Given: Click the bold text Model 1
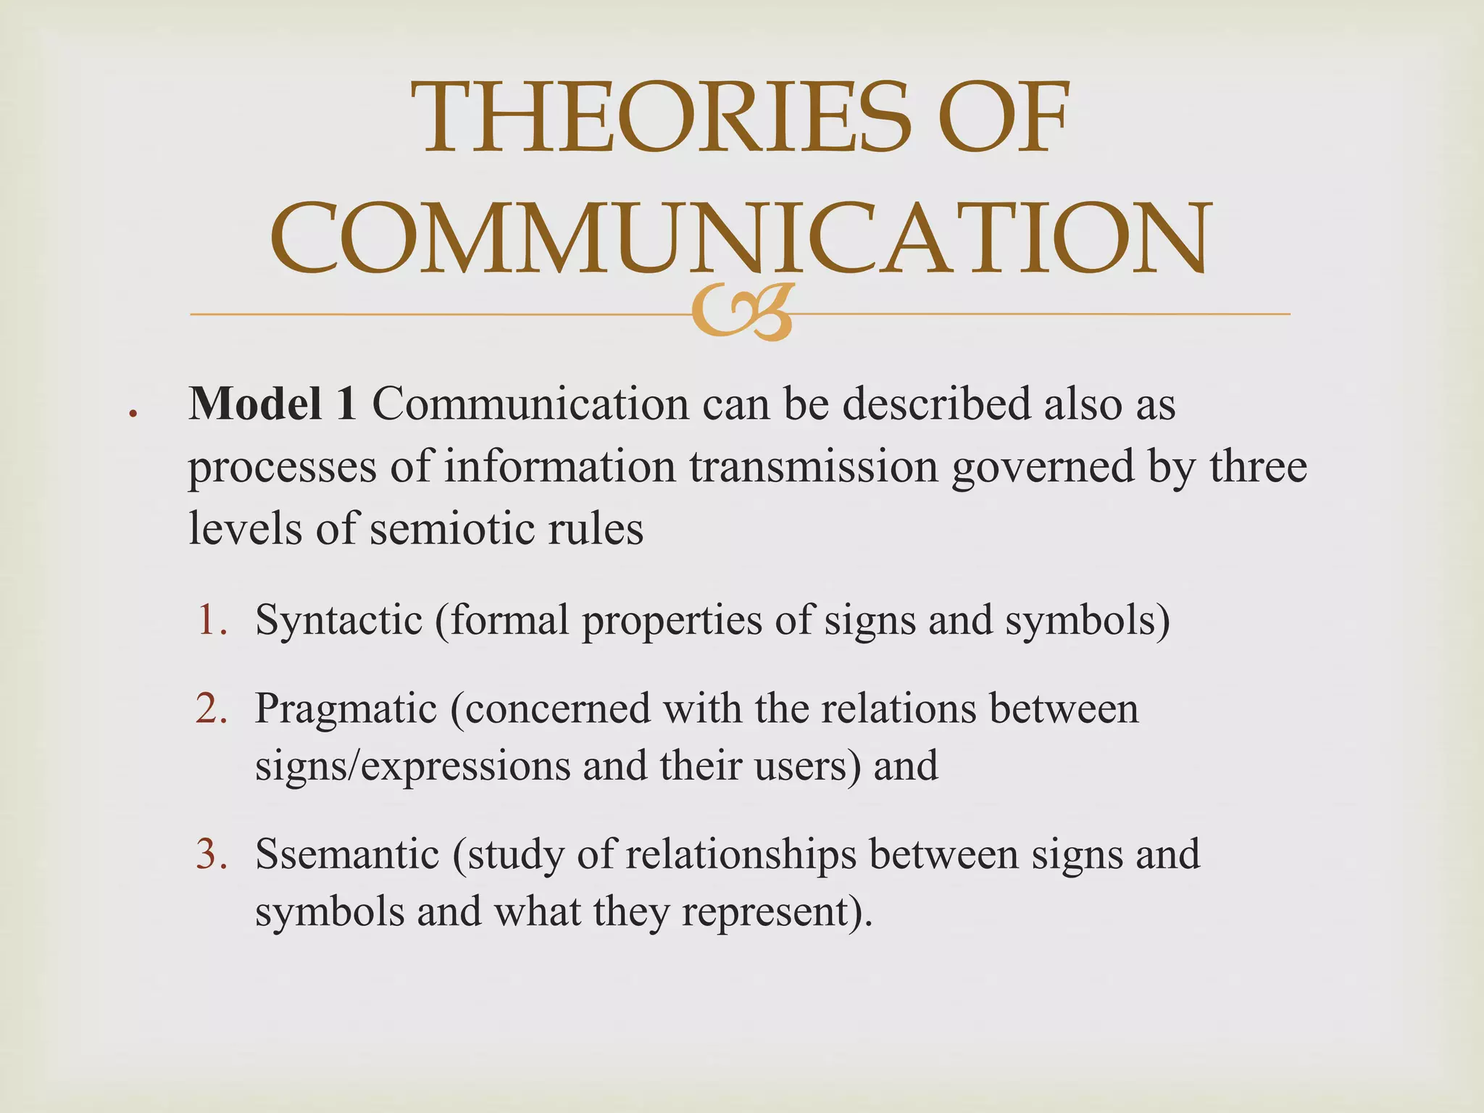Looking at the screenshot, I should click(272, 403).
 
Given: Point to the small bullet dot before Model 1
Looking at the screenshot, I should click(133, 414).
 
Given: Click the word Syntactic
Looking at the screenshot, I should click(338, 620).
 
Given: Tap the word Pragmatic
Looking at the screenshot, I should click(346, 709).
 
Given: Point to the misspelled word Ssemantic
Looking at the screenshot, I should click(347, 854).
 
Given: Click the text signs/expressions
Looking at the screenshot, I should click(412, 765).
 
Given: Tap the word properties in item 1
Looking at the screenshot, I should click(672, 620).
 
